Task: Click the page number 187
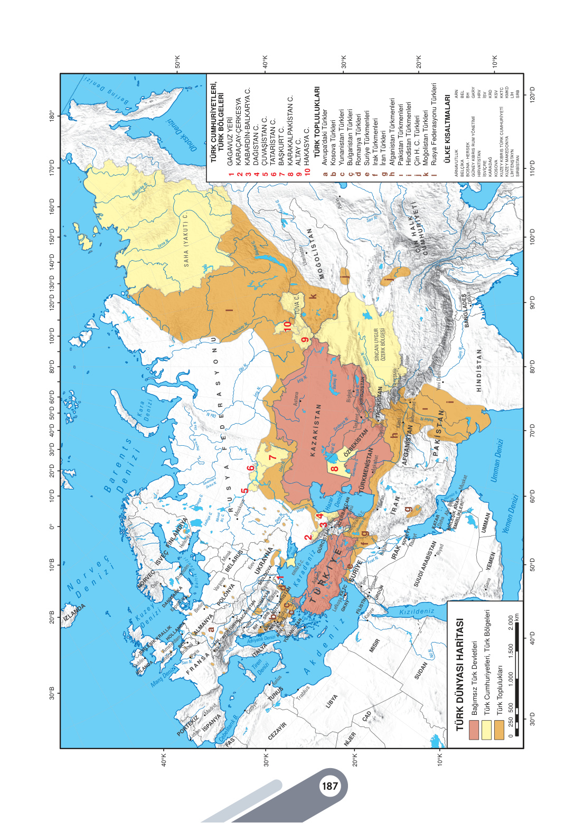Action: [x=329, y=786]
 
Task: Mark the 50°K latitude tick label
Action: [x=177, y=62]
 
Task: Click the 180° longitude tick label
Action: [x=52, y=116]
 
